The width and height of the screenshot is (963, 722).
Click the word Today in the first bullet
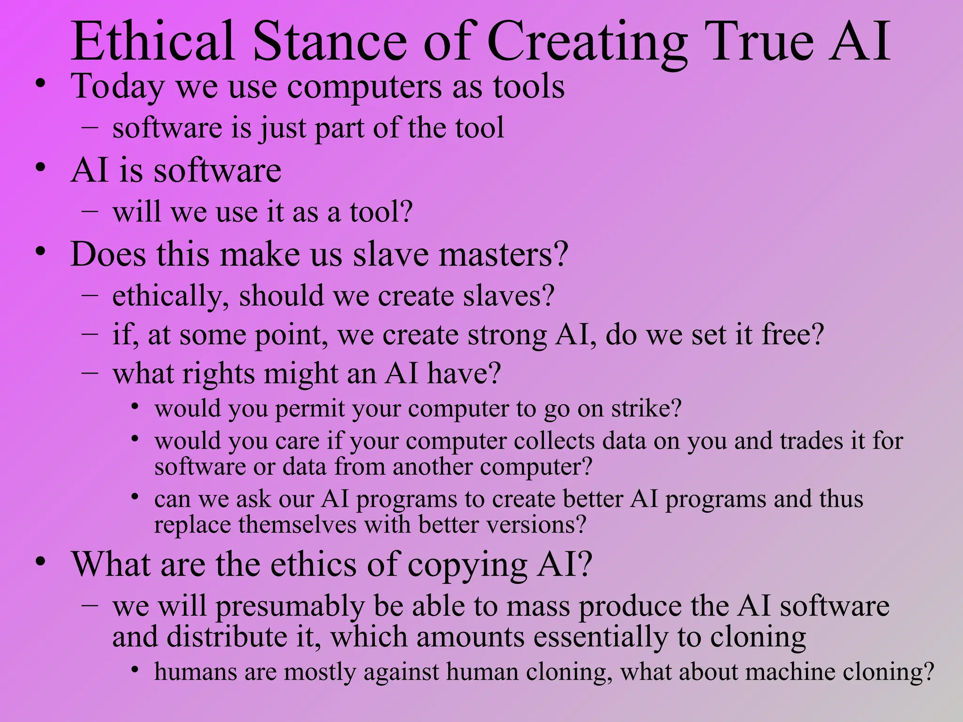(x=118, y=87)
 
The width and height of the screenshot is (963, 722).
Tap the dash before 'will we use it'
(x=89, y=211)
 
